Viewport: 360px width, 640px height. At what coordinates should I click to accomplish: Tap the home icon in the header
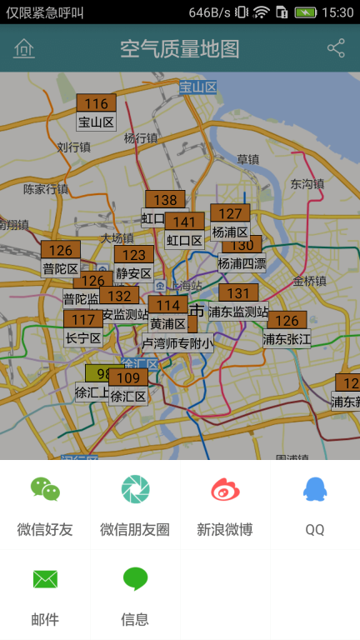point(24,49)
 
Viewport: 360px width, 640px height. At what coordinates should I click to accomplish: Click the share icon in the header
point(336,48)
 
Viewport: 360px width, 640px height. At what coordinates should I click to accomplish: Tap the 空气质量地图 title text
point(179,49)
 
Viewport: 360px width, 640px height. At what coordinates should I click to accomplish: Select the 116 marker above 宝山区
point(96,103)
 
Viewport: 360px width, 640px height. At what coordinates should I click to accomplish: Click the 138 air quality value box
point(165,200)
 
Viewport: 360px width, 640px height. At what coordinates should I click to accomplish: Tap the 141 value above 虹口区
point(184,222)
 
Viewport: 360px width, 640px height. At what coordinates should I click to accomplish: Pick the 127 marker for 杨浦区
point(230,213)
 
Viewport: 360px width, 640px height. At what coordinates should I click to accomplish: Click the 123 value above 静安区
point(133,255)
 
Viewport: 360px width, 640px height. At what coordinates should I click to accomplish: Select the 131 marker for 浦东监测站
point(238,293)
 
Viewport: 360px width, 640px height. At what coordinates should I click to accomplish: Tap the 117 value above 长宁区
point(83,320)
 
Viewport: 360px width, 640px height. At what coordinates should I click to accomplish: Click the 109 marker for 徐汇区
point(128,378)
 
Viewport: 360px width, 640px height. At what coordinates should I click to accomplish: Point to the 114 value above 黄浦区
point(167,305)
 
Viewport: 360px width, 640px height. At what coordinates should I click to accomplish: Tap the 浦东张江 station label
point(287,339)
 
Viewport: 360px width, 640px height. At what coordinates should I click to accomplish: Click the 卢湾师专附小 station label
point(177,342)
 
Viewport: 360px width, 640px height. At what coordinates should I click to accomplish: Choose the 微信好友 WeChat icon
point(45,489)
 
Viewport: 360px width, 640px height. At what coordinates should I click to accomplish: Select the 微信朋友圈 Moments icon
point(135,489)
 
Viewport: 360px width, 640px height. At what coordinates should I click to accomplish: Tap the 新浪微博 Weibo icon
point(225,489)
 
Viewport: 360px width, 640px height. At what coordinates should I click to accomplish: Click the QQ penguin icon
point(314,489)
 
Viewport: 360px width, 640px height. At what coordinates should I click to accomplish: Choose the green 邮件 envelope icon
point(45,579)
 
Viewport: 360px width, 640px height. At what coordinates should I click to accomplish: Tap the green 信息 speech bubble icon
point(135,579)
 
